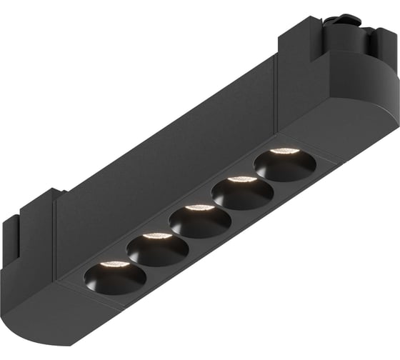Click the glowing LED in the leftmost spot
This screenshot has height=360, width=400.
[x=115, y=264]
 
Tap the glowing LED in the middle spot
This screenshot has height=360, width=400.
[x=200, y=208]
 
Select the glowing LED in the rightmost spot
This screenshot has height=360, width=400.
[x=284, y=151]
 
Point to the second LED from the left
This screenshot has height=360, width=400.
[x=157, y=236]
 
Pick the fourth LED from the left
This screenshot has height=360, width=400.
[x=243, y=179]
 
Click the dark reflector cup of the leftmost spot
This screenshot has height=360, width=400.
[x=114, y=277]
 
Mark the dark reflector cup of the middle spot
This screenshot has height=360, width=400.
[x=199, y=221]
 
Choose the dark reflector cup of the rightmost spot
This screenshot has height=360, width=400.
[x=284, y=166]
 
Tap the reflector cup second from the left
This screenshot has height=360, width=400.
[x=157, y=249]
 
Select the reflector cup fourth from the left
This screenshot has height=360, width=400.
[x=242, y=193]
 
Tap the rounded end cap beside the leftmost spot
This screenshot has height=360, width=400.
[x=64, y=300]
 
